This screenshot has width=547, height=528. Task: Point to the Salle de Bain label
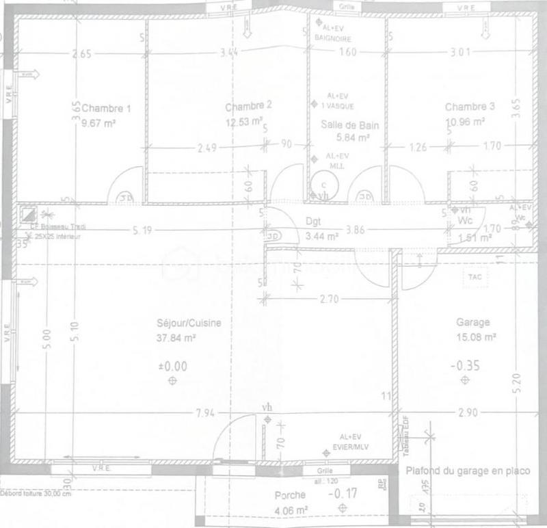coord(349,125)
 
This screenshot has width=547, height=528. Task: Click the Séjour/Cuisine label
coord(188,324)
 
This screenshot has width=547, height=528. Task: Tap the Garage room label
coord(472,322)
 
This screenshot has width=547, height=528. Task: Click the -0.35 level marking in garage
coord(465,366)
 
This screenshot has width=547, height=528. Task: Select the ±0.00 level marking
coord(172,367)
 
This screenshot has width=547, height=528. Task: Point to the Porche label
coord(291,496)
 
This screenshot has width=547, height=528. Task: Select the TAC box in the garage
coord(475,276)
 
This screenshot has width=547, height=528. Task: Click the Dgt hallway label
coord(313,222)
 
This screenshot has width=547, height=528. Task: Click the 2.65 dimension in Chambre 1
coord(80,54)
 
